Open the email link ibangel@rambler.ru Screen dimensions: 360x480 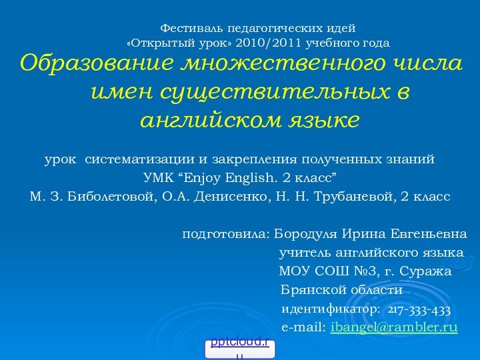(x=394, y=328)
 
